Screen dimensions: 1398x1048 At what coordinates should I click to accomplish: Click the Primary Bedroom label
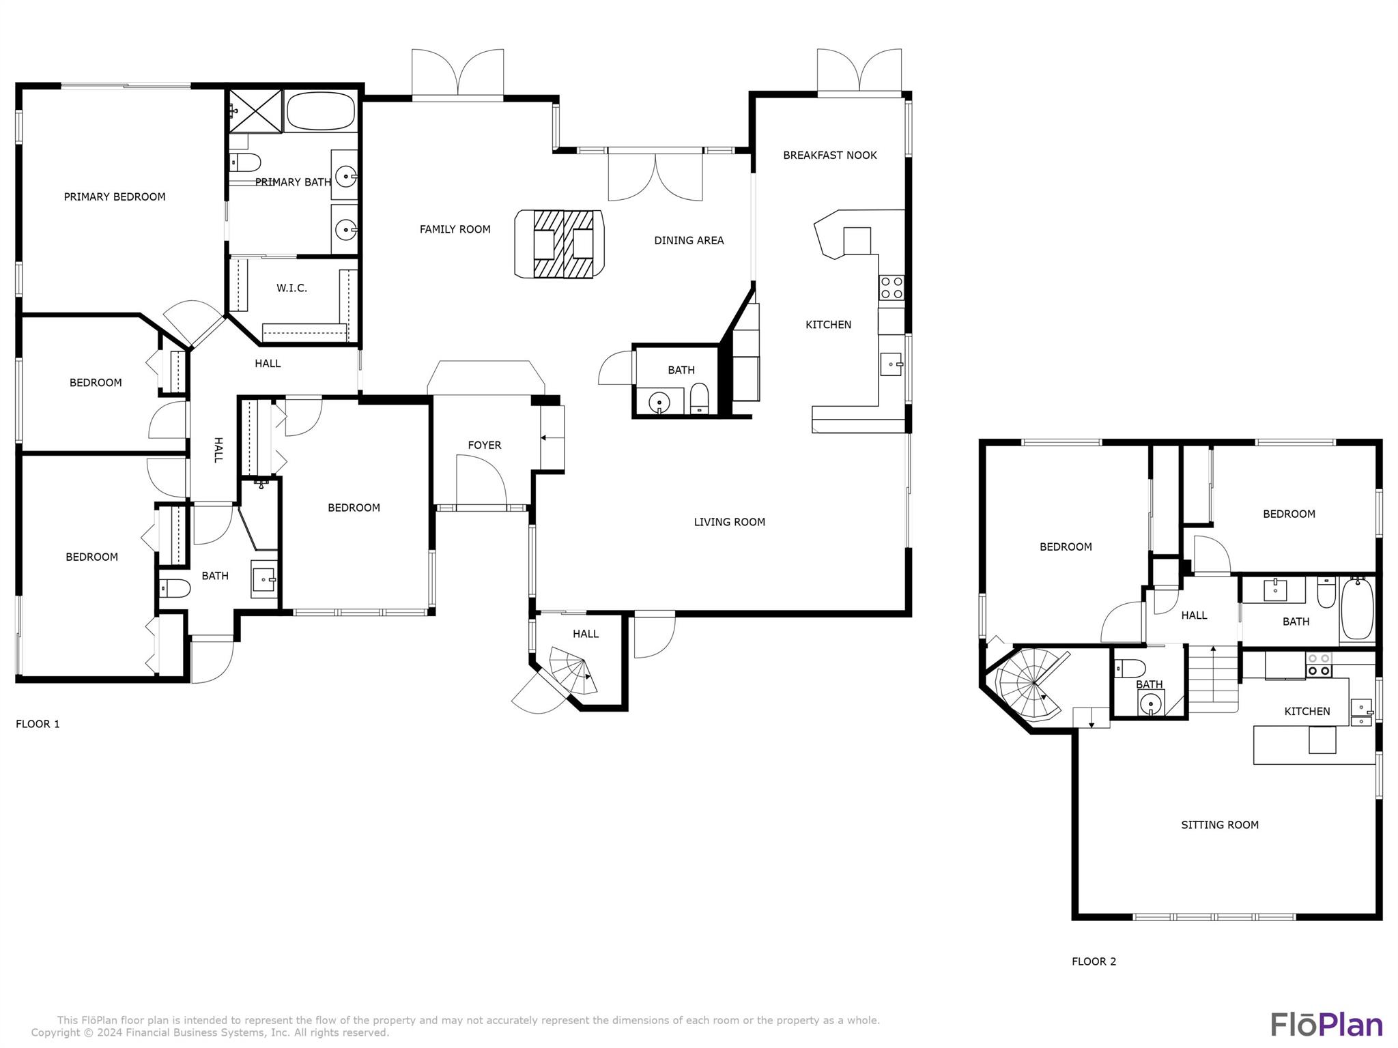[x=115, y=197]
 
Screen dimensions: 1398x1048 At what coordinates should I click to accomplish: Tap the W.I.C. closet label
[x=291, y=289]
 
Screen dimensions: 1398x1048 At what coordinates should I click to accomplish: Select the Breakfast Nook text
[x=830, y=156]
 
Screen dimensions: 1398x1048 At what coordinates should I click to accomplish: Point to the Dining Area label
[x=689, y=241]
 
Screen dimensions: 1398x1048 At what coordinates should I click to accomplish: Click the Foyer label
[x=485, y=446]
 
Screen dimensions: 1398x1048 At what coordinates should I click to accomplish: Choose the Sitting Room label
[x=1220, y=825]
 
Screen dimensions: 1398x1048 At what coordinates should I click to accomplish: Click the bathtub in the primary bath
[x=321, y=111]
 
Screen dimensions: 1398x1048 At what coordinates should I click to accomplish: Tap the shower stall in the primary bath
[x=255, y=111]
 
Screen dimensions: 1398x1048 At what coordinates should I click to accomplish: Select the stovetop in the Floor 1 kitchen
[x=891, y=287]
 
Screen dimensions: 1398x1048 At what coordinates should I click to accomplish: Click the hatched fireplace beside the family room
[x=564, y=244]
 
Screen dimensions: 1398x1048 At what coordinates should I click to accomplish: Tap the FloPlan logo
[x=1326, y=1025]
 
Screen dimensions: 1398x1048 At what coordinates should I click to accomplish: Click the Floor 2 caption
[x=1094, y=962]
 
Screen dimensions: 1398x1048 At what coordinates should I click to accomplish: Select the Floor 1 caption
[x=38, y=725]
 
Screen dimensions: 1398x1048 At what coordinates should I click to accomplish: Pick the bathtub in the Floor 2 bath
[x=1357, y=609]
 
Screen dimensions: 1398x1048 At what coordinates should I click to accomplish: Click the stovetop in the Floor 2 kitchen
[x=1319, y=666]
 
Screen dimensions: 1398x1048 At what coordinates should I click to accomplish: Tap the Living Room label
[x=729, y=523]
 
